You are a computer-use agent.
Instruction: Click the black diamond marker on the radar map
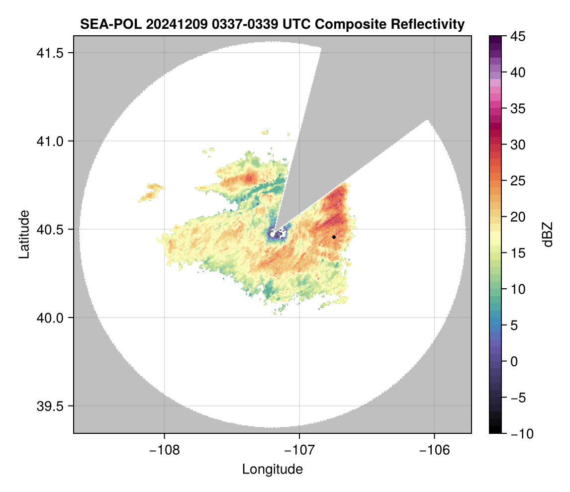click(334, 237)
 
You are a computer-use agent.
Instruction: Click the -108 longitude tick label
click(164, 450)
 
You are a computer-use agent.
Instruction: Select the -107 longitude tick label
click(299, 450)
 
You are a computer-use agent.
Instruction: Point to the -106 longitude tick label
click(435, 450)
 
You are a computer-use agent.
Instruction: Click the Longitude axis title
click(273, 469)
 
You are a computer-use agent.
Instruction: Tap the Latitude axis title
click(24, 234)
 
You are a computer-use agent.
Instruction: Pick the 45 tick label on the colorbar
click(518, 36)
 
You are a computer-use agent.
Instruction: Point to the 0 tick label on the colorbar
click(515, 361)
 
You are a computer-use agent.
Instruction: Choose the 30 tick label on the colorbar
click(518, 145)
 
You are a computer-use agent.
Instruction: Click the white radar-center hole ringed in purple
click(277, 232)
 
